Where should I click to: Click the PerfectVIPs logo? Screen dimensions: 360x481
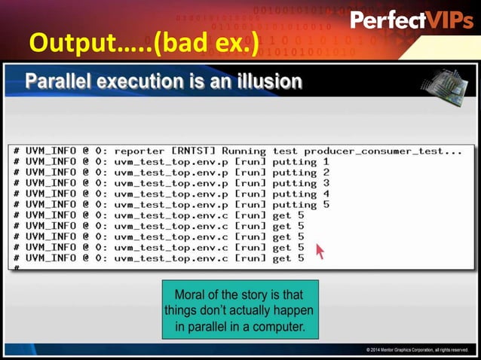pos(412,20)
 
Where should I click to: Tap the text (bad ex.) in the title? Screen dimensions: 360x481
pos(206,44)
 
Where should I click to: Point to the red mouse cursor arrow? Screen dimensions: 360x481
pos(320,251)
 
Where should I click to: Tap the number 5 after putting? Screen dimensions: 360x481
pos(326,204)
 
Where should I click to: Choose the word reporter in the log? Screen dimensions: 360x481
pos(139,151)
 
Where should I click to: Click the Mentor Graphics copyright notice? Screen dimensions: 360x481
pos(417,349)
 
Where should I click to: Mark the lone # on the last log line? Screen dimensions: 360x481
pos(16,267)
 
